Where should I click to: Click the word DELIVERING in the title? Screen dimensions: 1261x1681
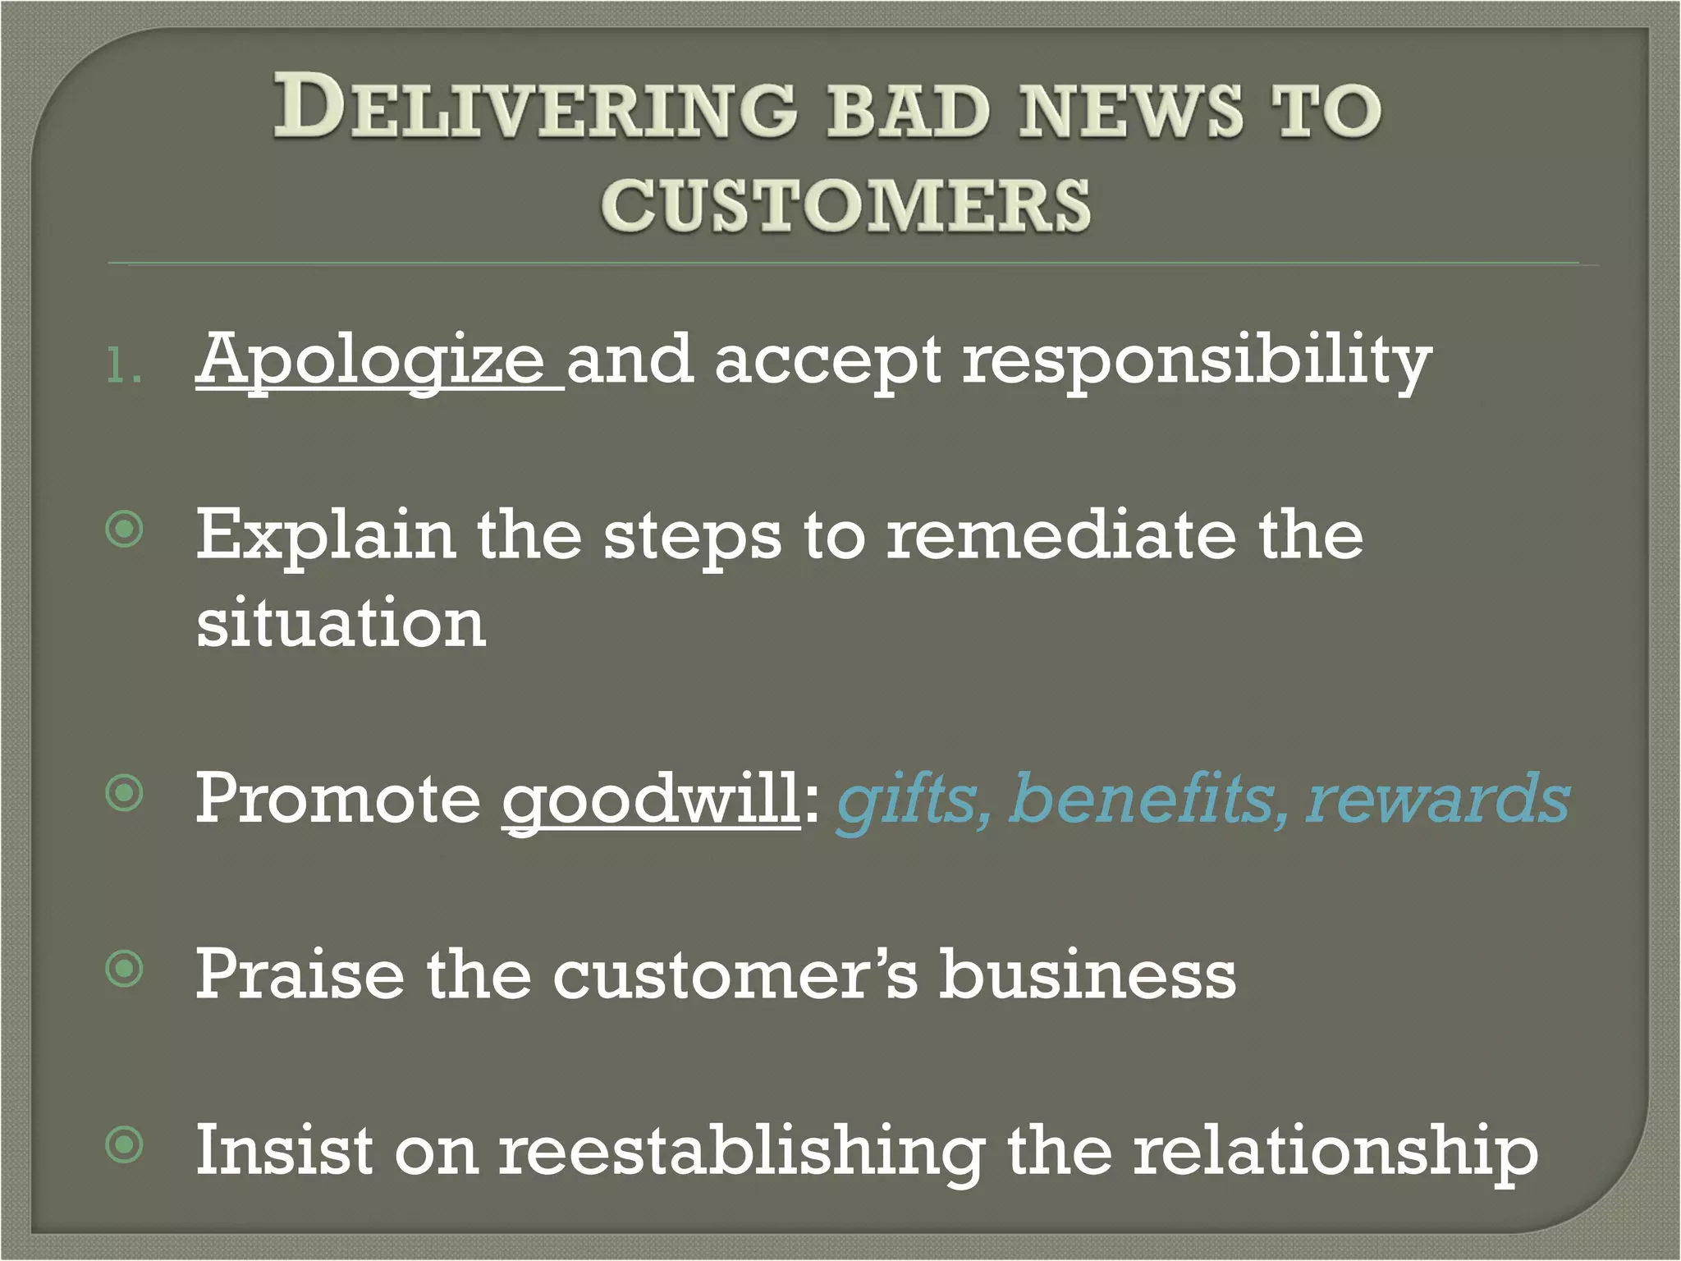pyautogui.click(x=534, y=107)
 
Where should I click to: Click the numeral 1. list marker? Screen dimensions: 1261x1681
pyautogui.click(x=124, y=367)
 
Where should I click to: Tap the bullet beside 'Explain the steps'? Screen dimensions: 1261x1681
pyautogui.click(x=125, y=530)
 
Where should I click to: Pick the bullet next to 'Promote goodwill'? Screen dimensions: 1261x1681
pyautogui.click(x=125, y=793)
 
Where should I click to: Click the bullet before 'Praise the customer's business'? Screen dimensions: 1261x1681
pyautogui.click(x=125, y=970)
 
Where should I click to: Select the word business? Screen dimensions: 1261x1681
pyautogui.click(x=1088, y=974)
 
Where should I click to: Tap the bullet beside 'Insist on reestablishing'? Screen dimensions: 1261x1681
pyautogui.click(x=125, y=1145)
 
